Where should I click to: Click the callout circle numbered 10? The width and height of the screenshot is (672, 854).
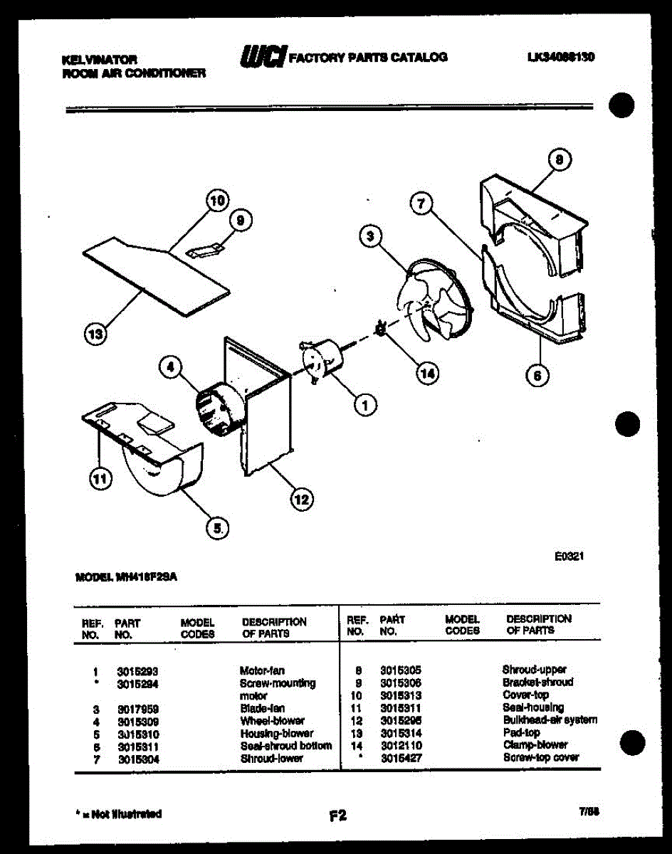217,201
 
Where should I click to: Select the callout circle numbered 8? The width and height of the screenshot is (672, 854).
560,161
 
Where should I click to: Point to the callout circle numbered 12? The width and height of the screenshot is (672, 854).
301,500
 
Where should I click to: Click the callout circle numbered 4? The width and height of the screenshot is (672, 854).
170,368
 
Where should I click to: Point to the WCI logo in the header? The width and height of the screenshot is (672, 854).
263,56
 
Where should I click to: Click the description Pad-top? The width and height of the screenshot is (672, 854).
521,732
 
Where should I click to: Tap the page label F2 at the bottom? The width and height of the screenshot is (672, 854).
337,816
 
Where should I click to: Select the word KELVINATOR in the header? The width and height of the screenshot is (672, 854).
99,60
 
